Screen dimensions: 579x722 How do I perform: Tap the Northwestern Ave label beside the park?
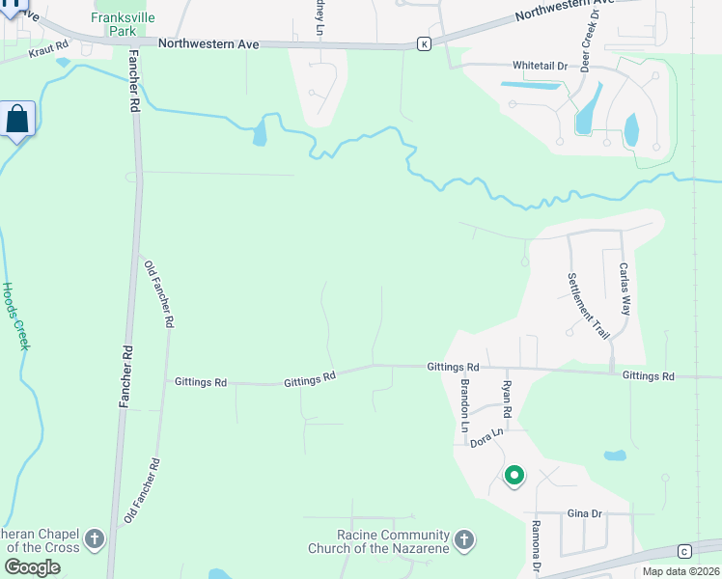click(210, 42)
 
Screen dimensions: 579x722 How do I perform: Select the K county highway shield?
click(423, 44)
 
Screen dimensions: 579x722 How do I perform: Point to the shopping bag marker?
click(17, 121)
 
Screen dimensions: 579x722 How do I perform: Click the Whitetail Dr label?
click(540, 66)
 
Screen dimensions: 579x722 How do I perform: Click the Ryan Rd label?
click(506, 400)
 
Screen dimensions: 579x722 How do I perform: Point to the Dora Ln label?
click(487, 439)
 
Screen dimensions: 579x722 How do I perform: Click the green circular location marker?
click(514, 475)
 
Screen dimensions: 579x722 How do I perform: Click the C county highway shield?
click(683, 551)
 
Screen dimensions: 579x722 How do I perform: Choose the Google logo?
click(33, 567)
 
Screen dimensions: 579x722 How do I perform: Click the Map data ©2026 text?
click(680, 571)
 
